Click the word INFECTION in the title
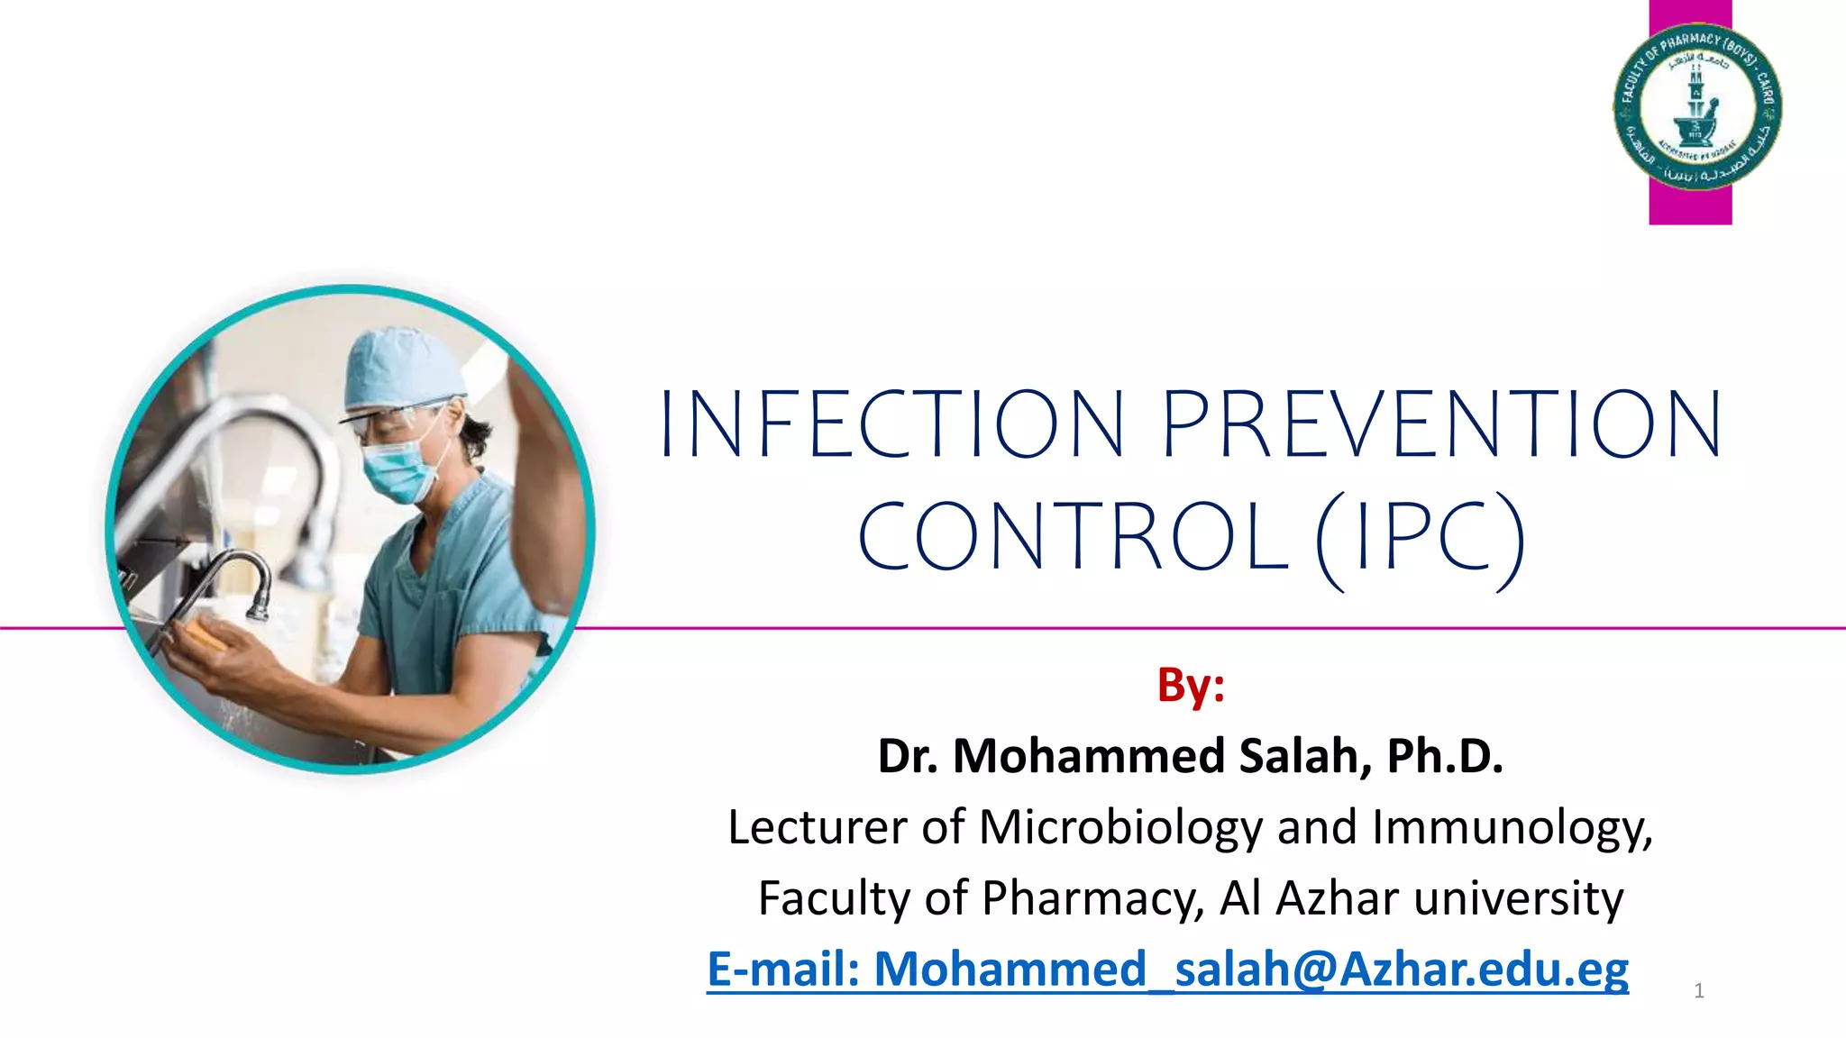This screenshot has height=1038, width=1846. click(892, 423)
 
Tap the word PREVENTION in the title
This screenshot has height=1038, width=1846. click(1442, 423)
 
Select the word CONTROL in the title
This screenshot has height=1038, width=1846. click(1073, 538)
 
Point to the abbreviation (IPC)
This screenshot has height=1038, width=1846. click(1421, 538)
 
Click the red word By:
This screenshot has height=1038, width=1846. click(1191, 685)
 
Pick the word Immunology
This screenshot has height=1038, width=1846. click(1512, 826)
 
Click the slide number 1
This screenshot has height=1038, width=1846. click(1699, 991)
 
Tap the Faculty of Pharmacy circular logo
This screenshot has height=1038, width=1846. click(1696, 106)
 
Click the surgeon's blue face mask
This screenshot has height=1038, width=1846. click(397, 469)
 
